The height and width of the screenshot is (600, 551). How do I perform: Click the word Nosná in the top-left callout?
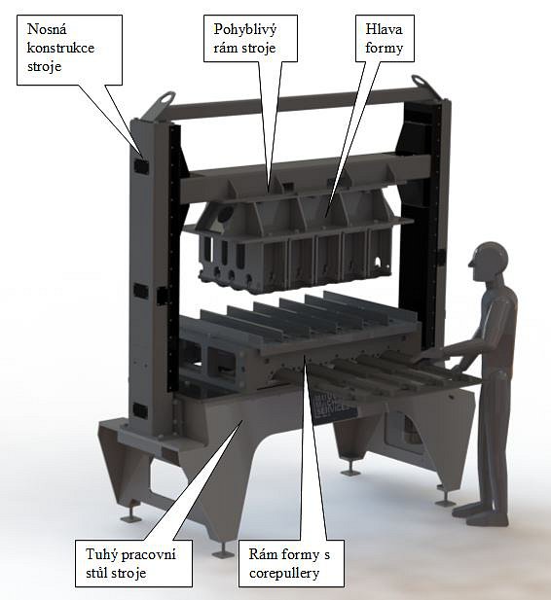(x=47, y=29)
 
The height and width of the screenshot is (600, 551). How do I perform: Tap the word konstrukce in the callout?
(x=60, y=48)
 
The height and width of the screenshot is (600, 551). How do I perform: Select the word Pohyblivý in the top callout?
(x=245, y=29)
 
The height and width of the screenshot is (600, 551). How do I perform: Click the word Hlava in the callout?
(x=384, y=29)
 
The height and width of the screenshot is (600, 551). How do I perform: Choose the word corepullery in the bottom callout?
(x=284, y=573)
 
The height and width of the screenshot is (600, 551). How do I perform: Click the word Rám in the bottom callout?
(x=263, y=554)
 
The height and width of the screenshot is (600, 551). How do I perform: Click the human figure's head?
(x=488, y=261)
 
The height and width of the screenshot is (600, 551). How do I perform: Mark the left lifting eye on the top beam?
(x=163, y=100)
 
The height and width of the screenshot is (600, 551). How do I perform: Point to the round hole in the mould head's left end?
(x=223, y=214)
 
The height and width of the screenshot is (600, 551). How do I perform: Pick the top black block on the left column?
(x=140, y=165)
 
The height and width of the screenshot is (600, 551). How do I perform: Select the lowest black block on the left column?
(x=140, y=410)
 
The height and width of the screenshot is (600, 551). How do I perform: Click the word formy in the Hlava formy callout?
(x=384, y=49)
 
